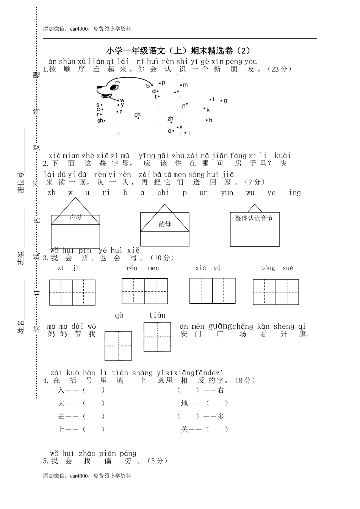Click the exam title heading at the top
(178, 50)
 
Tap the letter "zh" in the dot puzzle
(170, 119)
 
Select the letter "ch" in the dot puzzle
(138, 115)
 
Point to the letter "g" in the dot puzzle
(225, 100)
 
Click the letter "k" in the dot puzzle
(208, 110)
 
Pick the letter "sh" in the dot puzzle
(100, 121)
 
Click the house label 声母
(75, 217)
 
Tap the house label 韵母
(164, 224)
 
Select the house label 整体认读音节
(254, 218)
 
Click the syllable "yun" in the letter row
(227, 193)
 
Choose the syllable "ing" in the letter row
(295, 193)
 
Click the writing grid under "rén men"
(144, 291)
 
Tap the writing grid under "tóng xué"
(275, 292)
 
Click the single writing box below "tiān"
(157, 337)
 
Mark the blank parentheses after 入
(93, 390)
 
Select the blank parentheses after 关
(217, 429)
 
